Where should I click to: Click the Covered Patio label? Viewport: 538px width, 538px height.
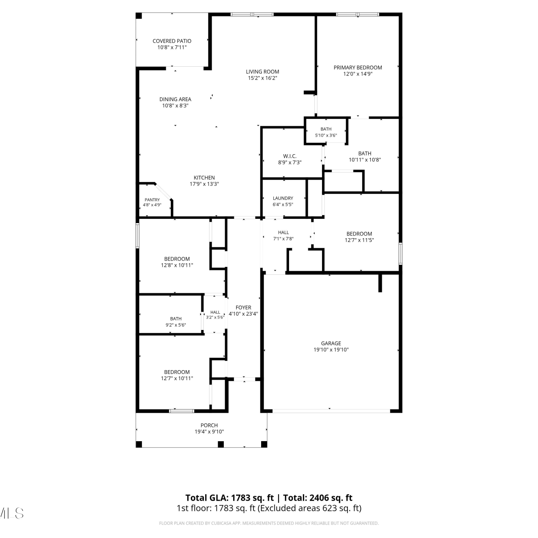pyautogui.click(x=172, y=41)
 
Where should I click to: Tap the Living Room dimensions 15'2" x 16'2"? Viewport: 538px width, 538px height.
pyautogui.click(x=263, y=78)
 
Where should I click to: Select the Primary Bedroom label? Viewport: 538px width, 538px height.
pyautogui.click(x=358, y=67)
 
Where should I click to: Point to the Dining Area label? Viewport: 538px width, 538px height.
pyautogui.click(x=175, y=99)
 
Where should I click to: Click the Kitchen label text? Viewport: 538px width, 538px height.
pyautogui.click(x=204, y=178)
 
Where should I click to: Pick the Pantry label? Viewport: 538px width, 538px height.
pyautogui.click(x=152, y=200)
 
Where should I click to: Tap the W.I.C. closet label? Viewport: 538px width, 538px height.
pyautogui.click(x=290, y=156)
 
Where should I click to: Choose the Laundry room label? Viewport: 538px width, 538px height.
pyautogui.click(x=283, y=198)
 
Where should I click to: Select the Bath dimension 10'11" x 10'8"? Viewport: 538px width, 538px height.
pyautogui.click(x=365, y=160)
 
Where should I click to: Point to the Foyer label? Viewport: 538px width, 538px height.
pyautogui.click(x=243, y=307)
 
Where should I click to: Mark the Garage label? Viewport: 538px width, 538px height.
pyautogui.click(x=331, y=343)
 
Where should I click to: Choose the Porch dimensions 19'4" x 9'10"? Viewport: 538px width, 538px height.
pyautogui.click(x=209, y=431)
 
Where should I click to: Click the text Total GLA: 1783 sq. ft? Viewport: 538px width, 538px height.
pyautogui.click(x=230, y=498)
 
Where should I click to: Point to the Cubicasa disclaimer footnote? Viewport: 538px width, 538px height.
pyautogui.click(x=269, y=523)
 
